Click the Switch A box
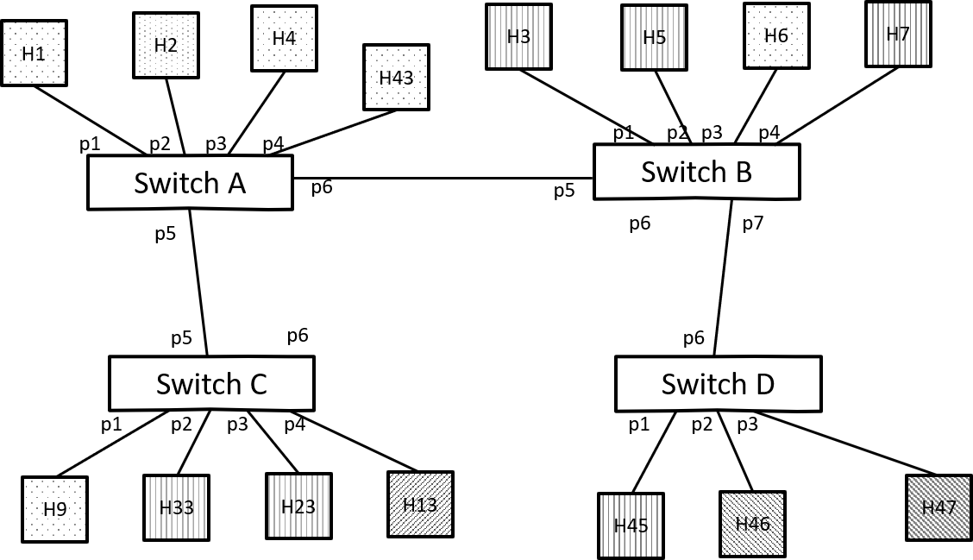tap(190, 183)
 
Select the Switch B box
tap(696, 172)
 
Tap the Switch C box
tap(211, 384)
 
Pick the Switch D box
tap(718, 384)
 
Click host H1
tap(34, 53)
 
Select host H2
tap(166, 46)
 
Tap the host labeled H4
tap(284, 39)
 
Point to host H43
tap(396, 78)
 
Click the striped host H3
tap(518, 37)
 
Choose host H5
tap(655, 38)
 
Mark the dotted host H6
tap(776, 36)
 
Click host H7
tap(898, 35)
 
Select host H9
tap(54, 509)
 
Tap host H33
tap(176, 507)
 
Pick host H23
tap(298, 507)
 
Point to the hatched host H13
tap(420, 505)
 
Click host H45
tap(631, 525)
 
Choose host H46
tap(752, 524)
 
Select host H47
tap(938, 507)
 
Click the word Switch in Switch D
tap(695, 384)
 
